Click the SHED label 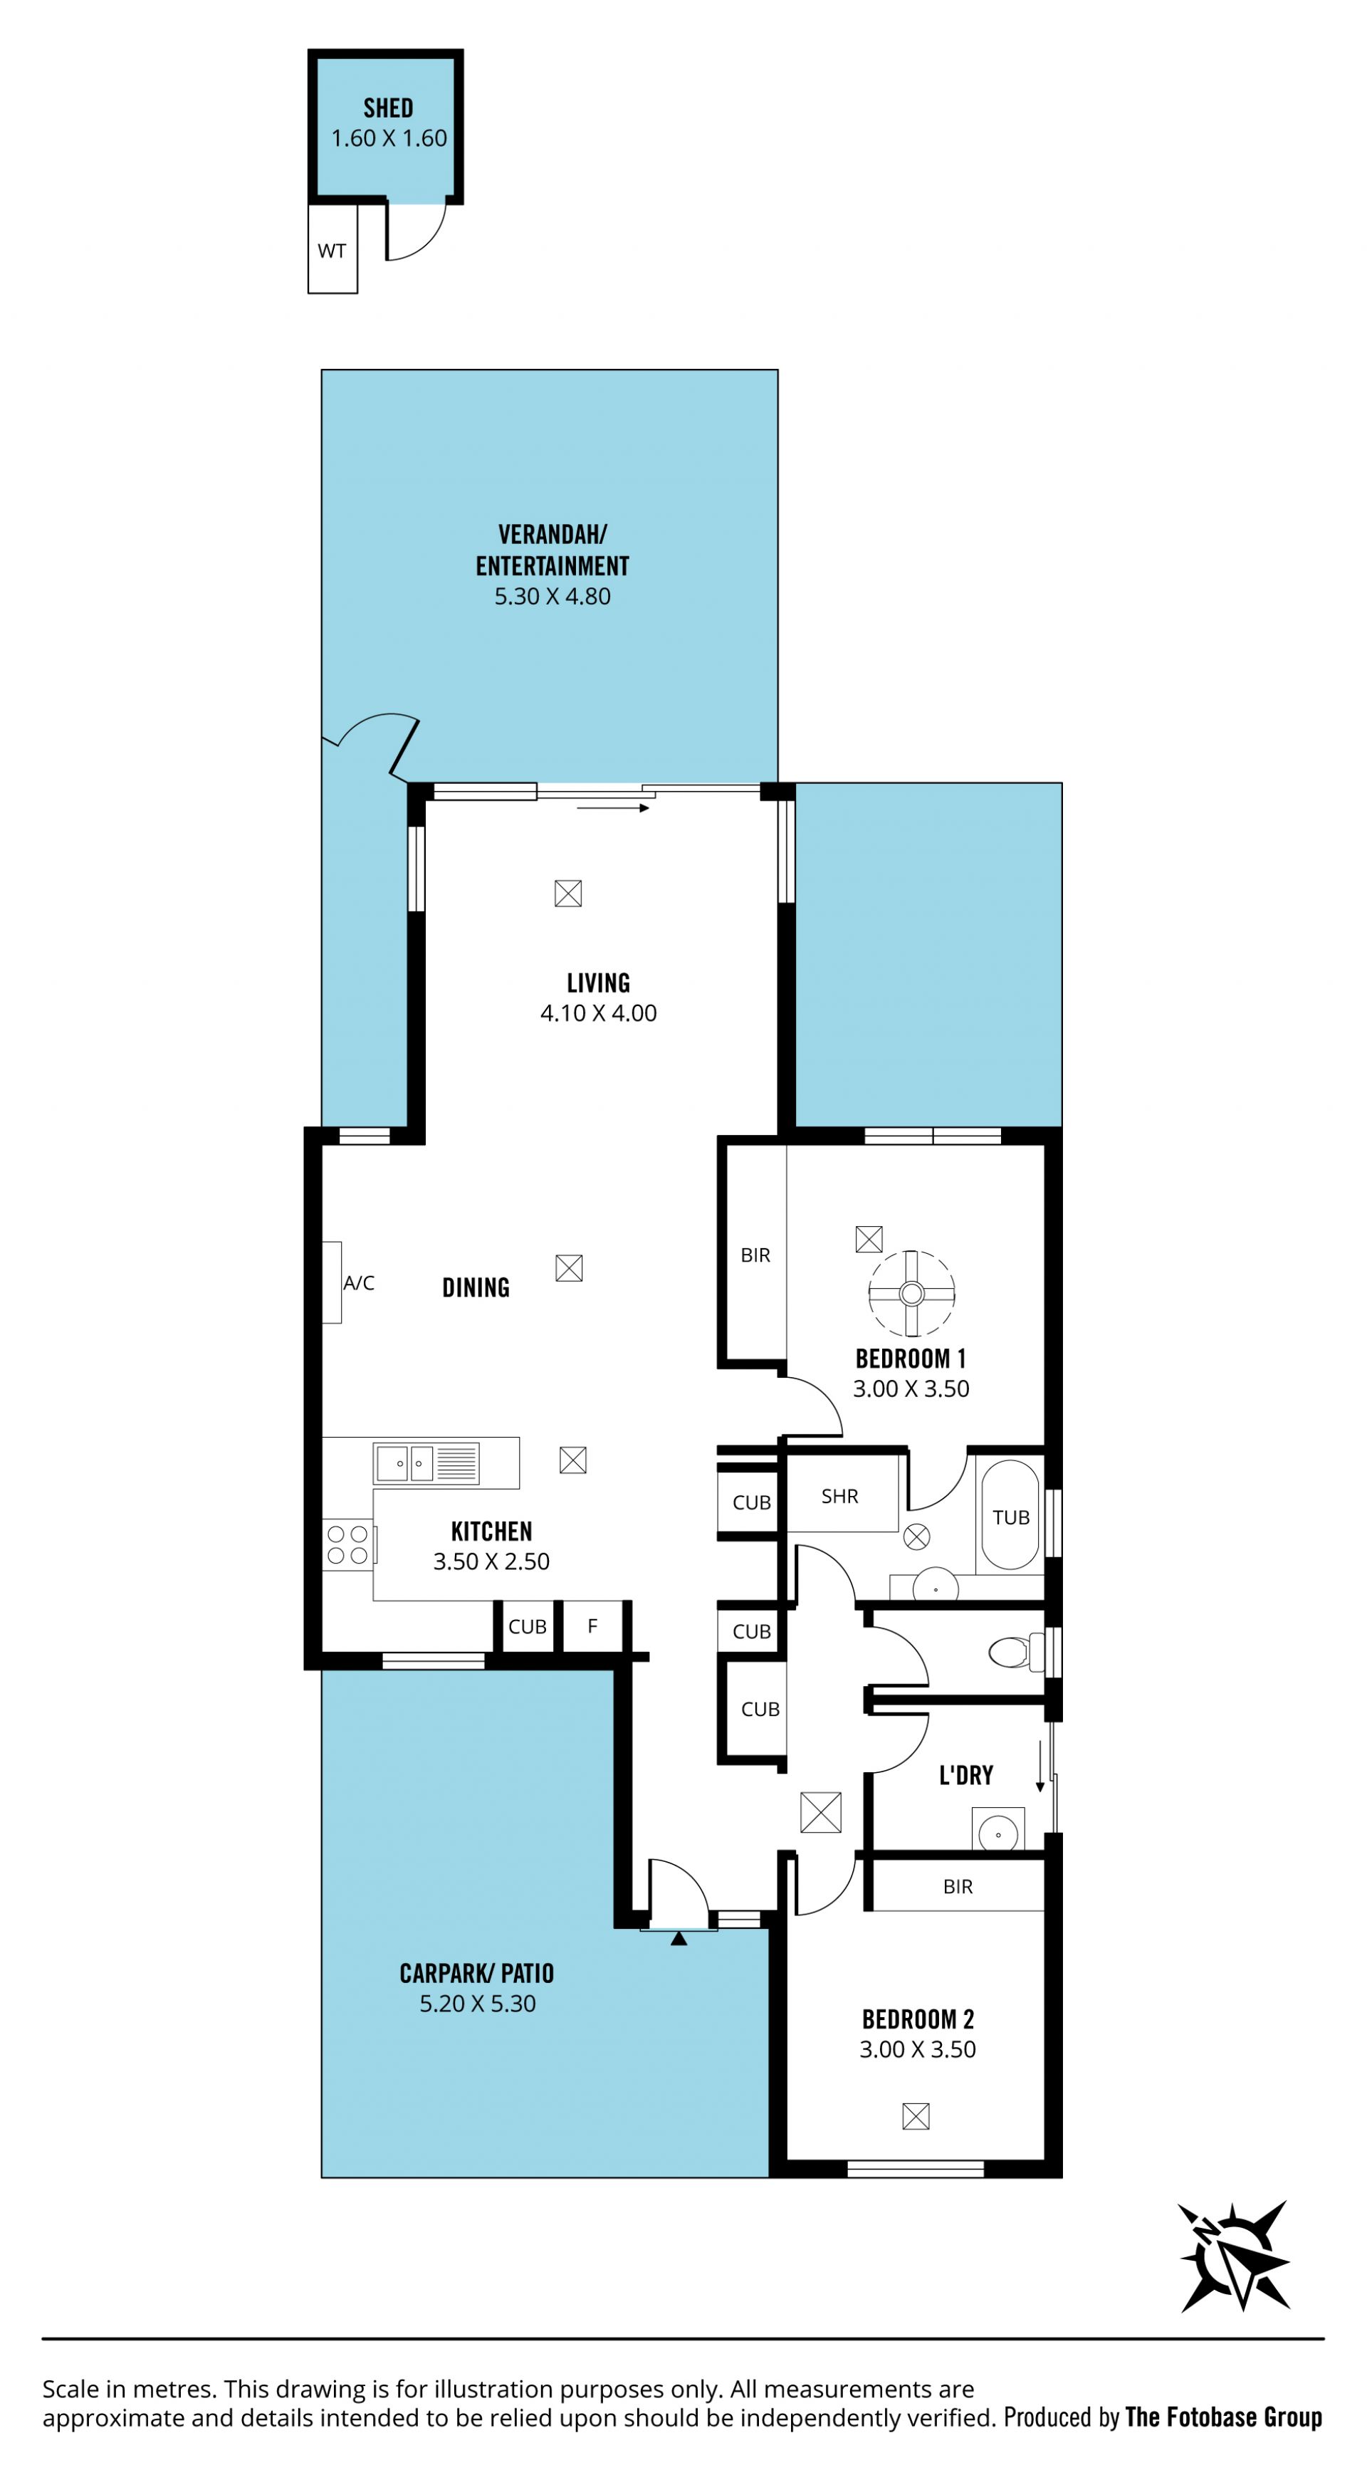[388, 108]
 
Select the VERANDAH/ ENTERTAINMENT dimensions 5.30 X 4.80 [552, 597]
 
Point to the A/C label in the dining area [358, 1282]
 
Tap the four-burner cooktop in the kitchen [347, 1545]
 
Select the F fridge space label [592, 1626]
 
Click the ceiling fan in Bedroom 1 [911, 1293]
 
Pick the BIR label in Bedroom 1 [755, 1255]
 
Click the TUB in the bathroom [1010, 1515]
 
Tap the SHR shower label [839, 1496]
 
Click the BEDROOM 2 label [918, 2019]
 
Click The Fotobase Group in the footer [1224, 2417]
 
